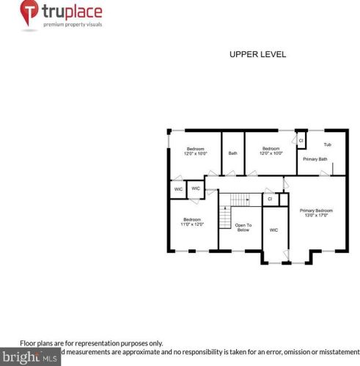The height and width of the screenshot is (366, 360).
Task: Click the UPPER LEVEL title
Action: (257, 54)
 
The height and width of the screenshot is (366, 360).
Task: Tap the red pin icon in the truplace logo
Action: (29, 12)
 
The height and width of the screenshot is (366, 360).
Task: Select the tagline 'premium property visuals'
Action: (72, 25)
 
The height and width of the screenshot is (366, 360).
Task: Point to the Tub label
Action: (327, 144)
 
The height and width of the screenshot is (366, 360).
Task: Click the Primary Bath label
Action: (315, 158)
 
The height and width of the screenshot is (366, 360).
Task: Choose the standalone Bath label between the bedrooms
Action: (232, 153)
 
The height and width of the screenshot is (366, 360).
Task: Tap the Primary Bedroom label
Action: (316, 211)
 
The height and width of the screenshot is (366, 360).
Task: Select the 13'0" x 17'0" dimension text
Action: (316, 216)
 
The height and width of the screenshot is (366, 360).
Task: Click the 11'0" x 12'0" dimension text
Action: (193, 224)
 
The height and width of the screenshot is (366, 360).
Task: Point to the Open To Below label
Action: (243, 227)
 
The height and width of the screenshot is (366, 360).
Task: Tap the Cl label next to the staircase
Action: (270, 198)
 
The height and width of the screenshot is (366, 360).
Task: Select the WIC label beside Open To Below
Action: (273, 230)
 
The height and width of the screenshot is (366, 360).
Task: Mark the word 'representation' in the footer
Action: (106, 343)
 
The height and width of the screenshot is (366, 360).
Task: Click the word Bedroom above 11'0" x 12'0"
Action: (193, 219)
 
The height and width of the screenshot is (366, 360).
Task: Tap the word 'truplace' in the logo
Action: (72, 12)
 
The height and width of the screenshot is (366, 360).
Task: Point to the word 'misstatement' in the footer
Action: (338, 353)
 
